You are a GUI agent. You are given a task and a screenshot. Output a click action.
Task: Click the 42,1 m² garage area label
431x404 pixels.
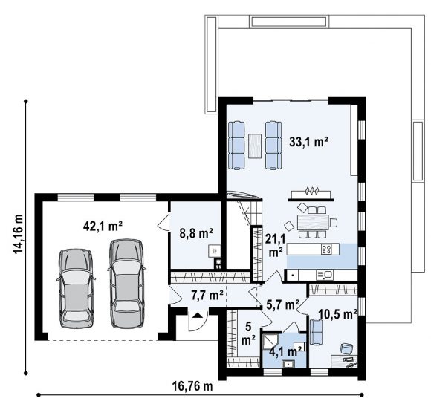103,227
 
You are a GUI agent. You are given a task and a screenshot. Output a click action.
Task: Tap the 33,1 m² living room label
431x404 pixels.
308,142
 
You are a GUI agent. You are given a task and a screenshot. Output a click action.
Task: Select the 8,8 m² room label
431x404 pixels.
196,234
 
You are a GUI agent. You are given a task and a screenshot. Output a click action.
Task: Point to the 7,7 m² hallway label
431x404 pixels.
207,296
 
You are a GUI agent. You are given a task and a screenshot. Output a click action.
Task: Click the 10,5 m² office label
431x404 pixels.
338,313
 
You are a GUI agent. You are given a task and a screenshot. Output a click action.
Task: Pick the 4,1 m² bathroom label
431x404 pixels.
285,351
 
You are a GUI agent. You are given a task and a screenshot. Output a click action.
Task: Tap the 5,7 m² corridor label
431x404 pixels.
283,304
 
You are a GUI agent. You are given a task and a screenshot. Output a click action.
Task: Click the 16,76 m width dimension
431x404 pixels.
192,386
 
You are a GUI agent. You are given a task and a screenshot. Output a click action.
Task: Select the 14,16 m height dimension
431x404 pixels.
18,238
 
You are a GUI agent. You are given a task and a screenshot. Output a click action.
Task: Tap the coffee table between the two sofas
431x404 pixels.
255,146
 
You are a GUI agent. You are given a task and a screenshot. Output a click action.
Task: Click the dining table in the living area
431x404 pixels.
314,223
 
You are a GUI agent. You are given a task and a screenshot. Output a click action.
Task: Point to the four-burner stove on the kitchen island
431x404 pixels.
326,249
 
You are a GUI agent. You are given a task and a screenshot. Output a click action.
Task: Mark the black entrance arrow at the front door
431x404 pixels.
197,315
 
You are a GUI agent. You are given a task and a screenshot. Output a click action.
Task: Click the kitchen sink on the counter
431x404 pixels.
324,274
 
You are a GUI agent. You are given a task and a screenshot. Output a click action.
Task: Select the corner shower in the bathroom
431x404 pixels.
270,341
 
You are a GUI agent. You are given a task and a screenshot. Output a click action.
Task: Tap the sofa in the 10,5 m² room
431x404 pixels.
316,331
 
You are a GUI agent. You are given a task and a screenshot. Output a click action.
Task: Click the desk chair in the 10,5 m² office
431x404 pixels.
346,348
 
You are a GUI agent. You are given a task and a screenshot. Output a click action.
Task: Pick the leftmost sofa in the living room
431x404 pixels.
236,146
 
